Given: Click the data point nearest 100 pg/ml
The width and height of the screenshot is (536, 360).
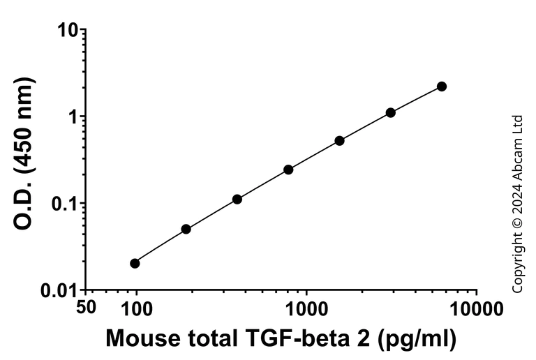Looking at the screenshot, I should coord(135,263).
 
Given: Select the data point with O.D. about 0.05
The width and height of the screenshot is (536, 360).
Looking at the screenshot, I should coord(186,229).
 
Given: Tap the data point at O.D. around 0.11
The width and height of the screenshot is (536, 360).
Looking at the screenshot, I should coord(237,199).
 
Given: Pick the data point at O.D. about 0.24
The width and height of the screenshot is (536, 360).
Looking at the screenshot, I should coord(288,170).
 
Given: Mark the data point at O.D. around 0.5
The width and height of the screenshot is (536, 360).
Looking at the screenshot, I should coord(340,140).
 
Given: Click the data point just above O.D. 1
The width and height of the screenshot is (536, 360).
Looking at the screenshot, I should coord(391,112).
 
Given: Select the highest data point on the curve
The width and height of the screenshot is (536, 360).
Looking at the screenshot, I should coord(442,86).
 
